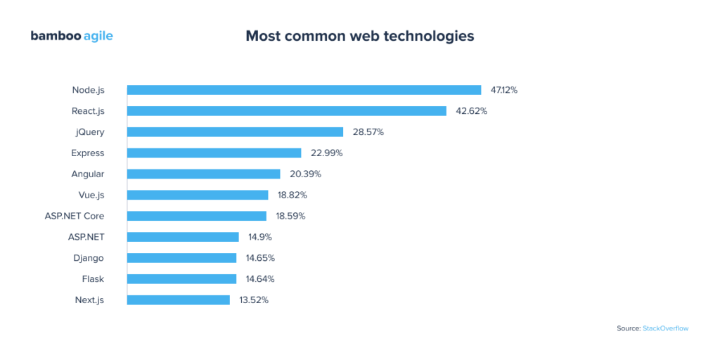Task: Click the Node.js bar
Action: tap(304, 90)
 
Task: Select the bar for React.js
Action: tap(286, 111)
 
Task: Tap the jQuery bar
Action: tap(235, 132)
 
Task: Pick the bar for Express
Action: tap(214, 153)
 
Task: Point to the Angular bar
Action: tap(203, 174)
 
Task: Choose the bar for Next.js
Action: tap(178, 300)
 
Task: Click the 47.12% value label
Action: tap(504, 90)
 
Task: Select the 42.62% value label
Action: tap(470, 111)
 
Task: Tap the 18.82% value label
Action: tap(291, 195)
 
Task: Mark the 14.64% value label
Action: tap(259, 279)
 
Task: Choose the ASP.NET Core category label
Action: tap(75, 216)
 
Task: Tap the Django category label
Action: tap(89, 258)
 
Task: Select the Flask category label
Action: tap(93, 279)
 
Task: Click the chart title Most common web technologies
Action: tap(359, 36)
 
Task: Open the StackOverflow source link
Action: tap(665, 328)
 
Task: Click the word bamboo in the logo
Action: tap(55, 36)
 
